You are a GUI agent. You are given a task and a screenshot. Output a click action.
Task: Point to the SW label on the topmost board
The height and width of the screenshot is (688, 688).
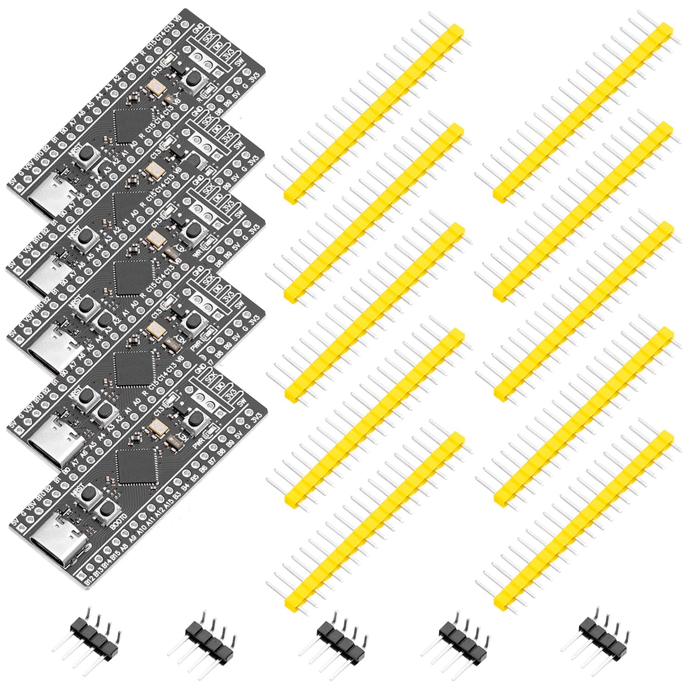(x=238, y=63)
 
